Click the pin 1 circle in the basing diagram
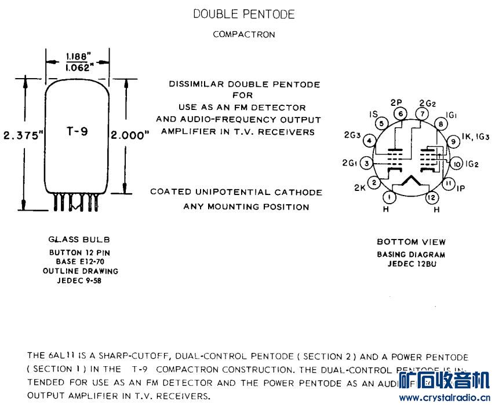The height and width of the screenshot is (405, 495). [x=390, y=198]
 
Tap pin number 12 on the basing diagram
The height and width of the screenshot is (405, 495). [x=431, y=198]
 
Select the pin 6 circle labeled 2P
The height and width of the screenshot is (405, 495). [x=401, y=114]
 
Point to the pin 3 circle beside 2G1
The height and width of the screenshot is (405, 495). [x=366, y=164]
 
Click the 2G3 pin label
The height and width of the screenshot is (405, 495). [x=352, y=136]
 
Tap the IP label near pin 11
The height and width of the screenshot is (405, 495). [x=461, y=189]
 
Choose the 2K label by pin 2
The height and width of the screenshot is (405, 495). [x=359, y=188]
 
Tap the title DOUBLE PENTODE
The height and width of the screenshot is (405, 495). [x=244, y=14]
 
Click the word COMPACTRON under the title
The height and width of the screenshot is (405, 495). [x=244, y=34]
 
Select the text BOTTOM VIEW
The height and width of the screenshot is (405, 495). [x=411, y=242]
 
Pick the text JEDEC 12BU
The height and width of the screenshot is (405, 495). [x=411, y=264]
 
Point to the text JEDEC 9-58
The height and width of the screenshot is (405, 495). [x=79, y=280]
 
